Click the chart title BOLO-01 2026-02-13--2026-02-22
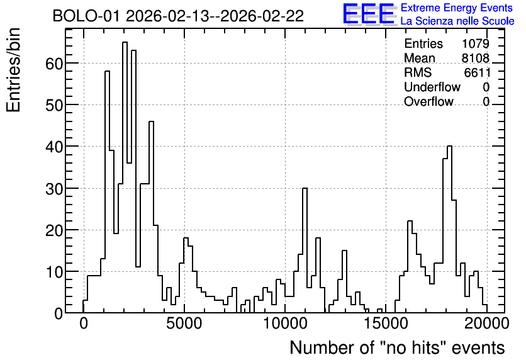click(x=178, y=16)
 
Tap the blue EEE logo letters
click(x=369, y=14)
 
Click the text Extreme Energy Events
click(x=457, y=8)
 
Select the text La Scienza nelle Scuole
click(x=457, y=21)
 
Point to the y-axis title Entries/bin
click(x=13, y=70)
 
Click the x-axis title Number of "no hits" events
click(x=397, y=347)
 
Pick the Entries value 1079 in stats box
click(x=475, y=43)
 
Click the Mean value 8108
click(x=475, y=58)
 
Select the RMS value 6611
click(x=477, y=72)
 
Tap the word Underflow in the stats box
click(x=432, y=87)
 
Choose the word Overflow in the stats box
click(x=428, y=101)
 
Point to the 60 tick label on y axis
click(x=54, y=64)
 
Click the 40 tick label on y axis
click(x=54, y=147)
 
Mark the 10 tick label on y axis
click(x=54, y=272)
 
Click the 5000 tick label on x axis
click(x=184, y=323)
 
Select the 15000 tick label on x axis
click(x=386, y=323)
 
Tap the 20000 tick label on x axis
click(x=487, y=323)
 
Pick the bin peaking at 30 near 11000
click(x=305, y=250)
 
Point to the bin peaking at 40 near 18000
click(x=449, y=230)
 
